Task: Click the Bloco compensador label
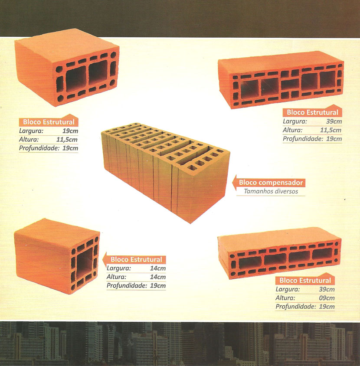271,183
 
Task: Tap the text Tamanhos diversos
271,191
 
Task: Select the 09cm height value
327,298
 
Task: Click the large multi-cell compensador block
164,172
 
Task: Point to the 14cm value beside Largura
158,268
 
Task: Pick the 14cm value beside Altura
158,277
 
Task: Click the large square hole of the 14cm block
85,263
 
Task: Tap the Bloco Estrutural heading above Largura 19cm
49,122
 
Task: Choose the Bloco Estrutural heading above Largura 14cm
136,260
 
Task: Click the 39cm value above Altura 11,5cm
334,121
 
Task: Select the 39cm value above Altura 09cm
327,289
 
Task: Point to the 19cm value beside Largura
70,131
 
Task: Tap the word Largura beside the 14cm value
119,268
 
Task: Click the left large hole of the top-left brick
76,78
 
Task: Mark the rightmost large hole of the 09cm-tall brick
322,254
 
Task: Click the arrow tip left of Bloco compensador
232,182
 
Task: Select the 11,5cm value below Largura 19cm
67,140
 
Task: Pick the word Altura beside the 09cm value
285,298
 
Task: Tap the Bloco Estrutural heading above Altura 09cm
305,280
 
